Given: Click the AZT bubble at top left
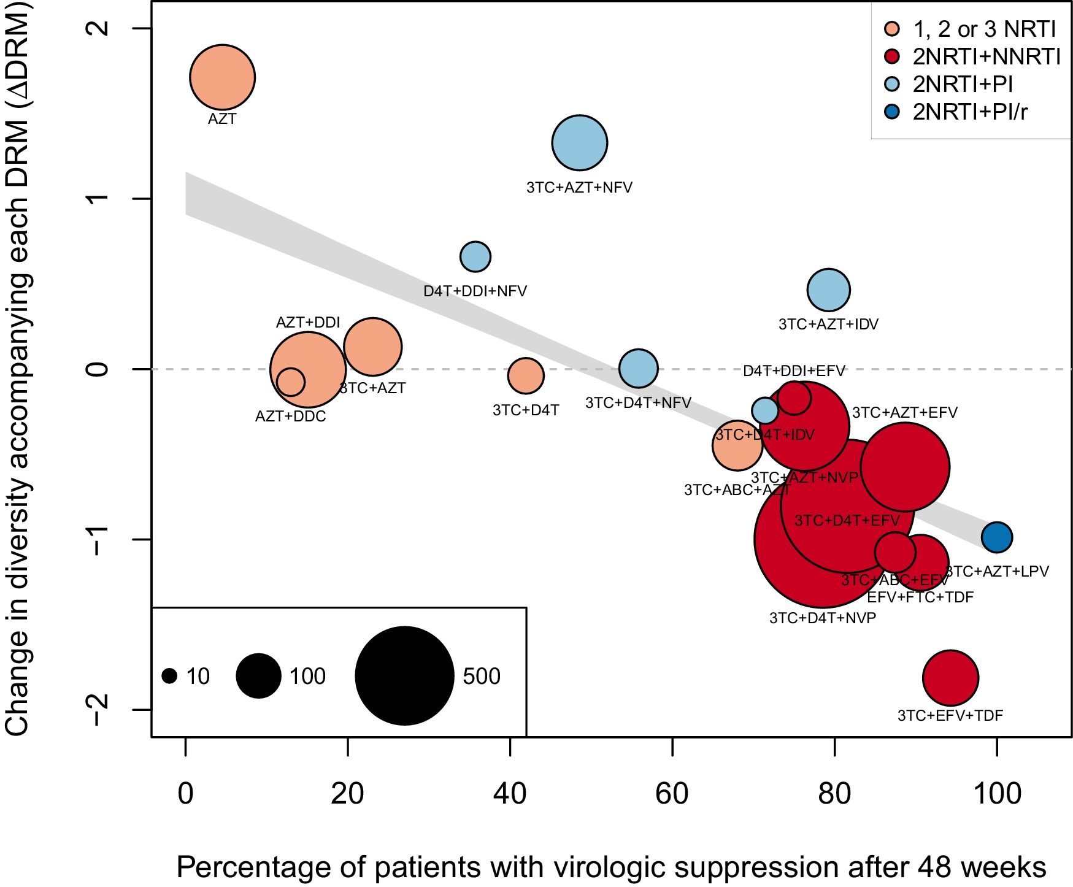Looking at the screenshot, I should (x=222, y=77).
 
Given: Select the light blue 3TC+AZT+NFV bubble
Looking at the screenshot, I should (x=580, y=143).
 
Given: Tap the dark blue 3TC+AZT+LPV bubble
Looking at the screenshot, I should (x=996, y=537).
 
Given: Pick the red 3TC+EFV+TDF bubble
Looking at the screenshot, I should (x=950, y=678).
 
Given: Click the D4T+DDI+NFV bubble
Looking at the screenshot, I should (x=475, y=256).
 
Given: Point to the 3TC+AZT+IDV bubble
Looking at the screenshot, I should (x=829, y=290).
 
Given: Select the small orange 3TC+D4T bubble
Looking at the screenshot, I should (x=526, y=375).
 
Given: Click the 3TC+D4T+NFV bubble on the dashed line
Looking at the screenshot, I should (x=639, y=368).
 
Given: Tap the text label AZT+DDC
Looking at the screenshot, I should (x=291, y=417).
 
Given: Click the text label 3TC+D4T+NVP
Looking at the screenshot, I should (x=823, y=618).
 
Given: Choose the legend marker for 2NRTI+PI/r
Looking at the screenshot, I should (x=892, y=112).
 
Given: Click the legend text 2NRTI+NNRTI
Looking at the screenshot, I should (x=986, y=57).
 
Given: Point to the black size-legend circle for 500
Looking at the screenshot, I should (x=404, y=676).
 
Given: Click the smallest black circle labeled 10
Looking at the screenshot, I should (x=170, y=676).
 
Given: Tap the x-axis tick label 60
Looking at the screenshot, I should (x=672, y=794).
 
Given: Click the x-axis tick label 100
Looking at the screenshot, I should (x=997, y=794).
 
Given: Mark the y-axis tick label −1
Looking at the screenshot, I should (x=98, y=539).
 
